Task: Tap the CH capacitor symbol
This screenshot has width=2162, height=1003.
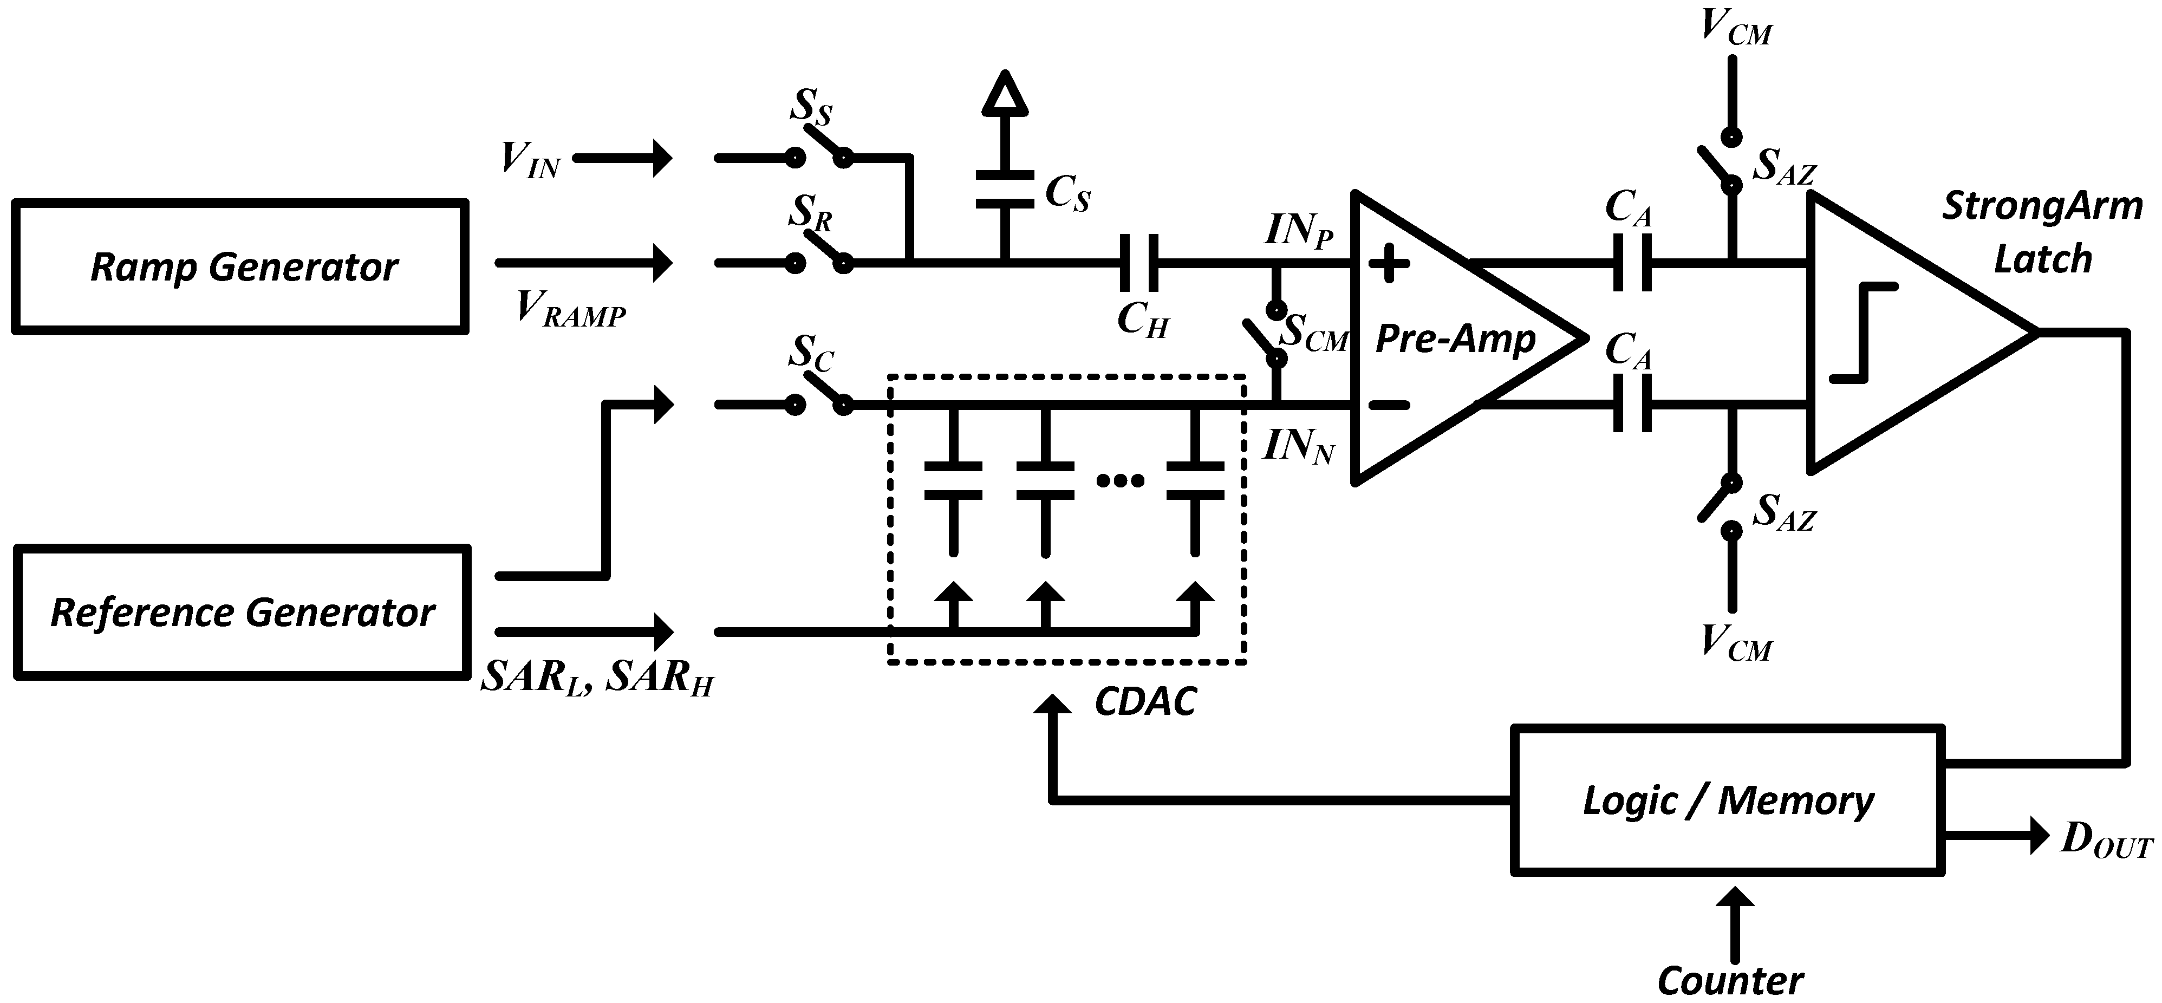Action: (x=1139, y=263)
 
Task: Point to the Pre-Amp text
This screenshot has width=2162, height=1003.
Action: (x=1455, y=338)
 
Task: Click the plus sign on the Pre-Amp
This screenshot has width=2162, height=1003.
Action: (x=1389, y=264)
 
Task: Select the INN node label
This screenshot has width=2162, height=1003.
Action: (x=1298, y=446)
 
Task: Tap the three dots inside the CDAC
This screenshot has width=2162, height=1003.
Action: (x=1121, y=480)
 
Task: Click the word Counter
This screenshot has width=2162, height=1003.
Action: (x=1730, y=980)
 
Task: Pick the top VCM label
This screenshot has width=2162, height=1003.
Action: (x=1736, y=27)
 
